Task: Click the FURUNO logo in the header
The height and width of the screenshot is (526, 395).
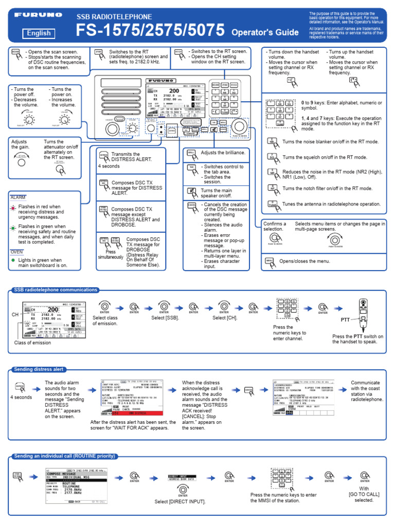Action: pyautogui.click(x=38, y=16)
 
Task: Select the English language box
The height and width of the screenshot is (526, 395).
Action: pyautogui.click(x=39, y=33)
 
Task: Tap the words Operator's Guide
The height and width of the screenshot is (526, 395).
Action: pyautogui.click(x=265, y=32)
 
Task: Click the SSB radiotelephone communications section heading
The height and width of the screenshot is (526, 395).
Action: pyautogui.click(x=56, y=290)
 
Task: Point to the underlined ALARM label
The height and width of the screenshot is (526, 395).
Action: pyautogui.click(x=18, y=197)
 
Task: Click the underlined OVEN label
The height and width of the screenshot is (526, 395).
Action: pyautogui.click(x=17, y=252)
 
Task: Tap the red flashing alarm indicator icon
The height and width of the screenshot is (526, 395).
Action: pyautogui.click(x=13, y=209)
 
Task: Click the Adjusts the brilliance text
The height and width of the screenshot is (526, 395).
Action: pyautogui.click(x=223, y=153)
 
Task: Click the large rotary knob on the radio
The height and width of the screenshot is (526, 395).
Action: pyautogui.click(x=239, y=126)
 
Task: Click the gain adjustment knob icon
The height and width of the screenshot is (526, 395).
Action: pyautogui.click(x=21, y=162)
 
